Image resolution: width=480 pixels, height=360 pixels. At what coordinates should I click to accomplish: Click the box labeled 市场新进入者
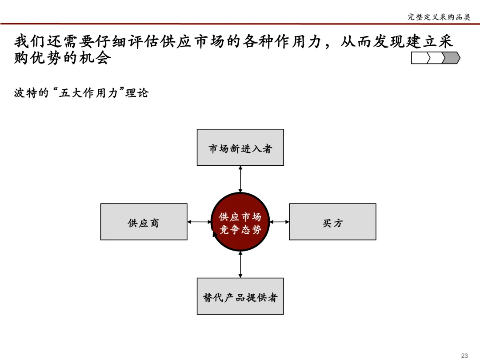click(240, 148)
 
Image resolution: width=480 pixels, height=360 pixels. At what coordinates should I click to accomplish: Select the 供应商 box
click(144, 222)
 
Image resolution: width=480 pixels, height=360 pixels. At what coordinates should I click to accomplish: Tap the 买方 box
click(332, 222)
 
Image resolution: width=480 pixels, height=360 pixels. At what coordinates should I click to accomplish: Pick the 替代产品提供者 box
click(240, 296)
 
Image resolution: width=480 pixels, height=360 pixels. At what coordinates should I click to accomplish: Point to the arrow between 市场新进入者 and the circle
click(240, 179)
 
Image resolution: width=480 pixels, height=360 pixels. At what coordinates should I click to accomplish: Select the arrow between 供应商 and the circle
click(200, 221)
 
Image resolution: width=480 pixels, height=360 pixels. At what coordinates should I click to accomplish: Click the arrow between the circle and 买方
click(280, 221)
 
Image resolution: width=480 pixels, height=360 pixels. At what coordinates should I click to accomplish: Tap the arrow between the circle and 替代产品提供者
click(240, 264)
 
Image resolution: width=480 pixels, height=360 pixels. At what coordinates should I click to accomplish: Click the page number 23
click(464, 355)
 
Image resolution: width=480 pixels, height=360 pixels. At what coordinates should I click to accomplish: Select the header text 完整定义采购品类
click(439, 17)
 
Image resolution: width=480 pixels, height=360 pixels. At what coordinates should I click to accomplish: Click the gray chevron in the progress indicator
click(452, 58)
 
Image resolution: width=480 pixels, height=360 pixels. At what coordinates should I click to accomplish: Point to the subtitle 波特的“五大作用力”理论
click(81, 93)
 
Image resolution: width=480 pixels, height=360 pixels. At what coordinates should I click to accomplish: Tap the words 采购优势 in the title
click(31, 58)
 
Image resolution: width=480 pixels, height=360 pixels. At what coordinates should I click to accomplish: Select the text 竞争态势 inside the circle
click(240, 230)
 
